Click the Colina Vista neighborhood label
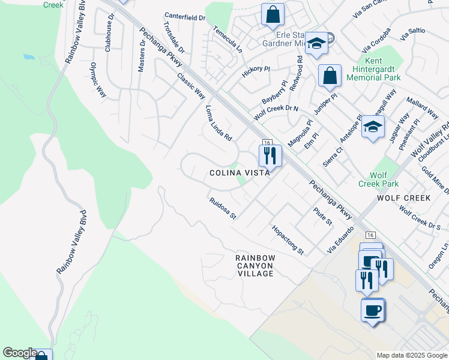[239, 173]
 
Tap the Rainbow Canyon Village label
[255, 265]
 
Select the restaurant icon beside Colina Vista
[270, 156]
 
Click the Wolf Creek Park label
[378, 179]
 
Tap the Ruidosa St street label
[223, 209]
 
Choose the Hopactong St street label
[288, 239]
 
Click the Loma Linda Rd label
[218, 123]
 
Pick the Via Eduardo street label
[338, 241]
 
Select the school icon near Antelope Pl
[373, 127]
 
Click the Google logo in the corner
[20, 353]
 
